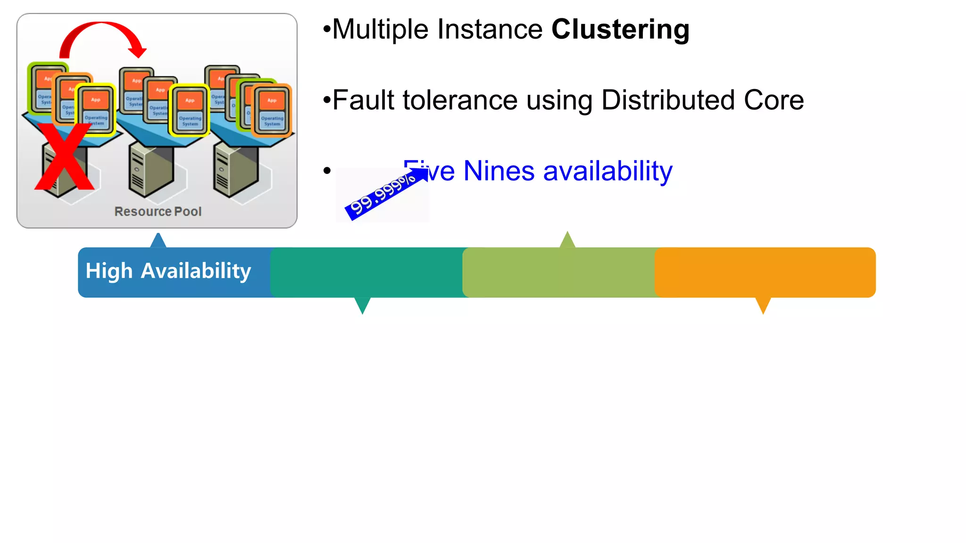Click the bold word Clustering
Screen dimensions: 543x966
point(620,29)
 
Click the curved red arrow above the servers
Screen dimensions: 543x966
point(101,33)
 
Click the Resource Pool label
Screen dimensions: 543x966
point(158,212)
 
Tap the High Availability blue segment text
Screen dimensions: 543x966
point(168,271)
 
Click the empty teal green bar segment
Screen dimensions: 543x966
point(366,272)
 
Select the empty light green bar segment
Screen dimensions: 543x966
point(558,272)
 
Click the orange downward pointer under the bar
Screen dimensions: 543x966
point(763,304)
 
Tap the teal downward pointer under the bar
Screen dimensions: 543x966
point(362,304)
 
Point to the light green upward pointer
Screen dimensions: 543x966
point(567,241)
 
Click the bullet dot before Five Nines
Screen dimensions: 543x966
point(327,171)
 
